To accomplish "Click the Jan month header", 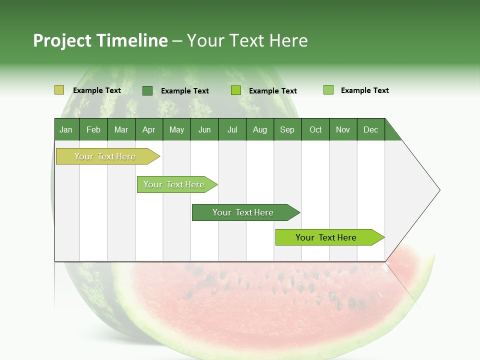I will (66, 129).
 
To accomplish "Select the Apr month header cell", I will (148, 129).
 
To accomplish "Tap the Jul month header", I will (232, 129).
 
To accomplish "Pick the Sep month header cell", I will (287, 129).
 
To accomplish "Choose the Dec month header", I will (370, 129).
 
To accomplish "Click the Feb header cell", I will (93, 129).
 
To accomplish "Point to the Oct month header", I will (315, 129).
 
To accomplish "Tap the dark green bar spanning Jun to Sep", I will (243, 212).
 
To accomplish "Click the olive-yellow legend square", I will (59, 90).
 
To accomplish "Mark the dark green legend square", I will (147, 90).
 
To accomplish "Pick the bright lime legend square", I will (236, 90).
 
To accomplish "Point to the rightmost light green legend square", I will (328, 90).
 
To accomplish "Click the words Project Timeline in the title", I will (100, 40).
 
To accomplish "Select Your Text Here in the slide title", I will (247, 40).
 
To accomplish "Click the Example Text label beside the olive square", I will (97, 90).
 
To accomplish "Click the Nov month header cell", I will (342, 129).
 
